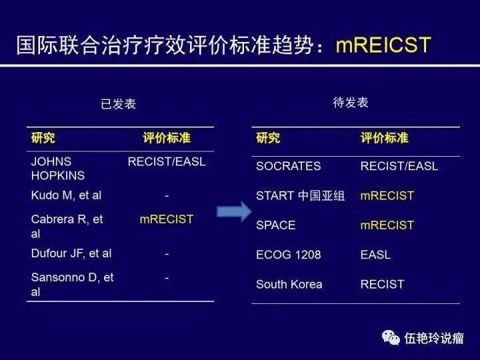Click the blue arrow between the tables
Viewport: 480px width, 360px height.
click(233, 212)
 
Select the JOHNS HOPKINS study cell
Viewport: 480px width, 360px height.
click(58, 169)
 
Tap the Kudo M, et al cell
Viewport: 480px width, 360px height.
click(66, 195)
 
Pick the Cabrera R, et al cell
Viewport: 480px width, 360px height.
click(67, 226)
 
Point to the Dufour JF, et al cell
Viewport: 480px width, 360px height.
click(71, 253)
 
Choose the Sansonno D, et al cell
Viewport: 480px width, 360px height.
click(72, 284)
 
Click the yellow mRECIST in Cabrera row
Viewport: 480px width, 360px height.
click(166, 219)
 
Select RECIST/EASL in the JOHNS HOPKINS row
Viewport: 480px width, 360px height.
click(167, 161)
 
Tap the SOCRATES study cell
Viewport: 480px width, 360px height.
click(288, 166)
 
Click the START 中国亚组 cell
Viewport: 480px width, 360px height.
click(300, 196)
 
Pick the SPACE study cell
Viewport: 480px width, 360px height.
click(275, 225)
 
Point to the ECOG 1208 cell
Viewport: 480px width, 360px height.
click(288, 255)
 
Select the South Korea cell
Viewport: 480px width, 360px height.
click(289, 284)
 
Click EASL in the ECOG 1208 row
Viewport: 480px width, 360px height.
click(375, 255)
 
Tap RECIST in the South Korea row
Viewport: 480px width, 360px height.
click(382, 284)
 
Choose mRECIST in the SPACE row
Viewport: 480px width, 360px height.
click(387, 225)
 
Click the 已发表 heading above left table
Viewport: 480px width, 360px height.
click(118, 104)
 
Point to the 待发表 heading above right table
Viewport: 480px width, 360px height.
click(350, 103)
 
